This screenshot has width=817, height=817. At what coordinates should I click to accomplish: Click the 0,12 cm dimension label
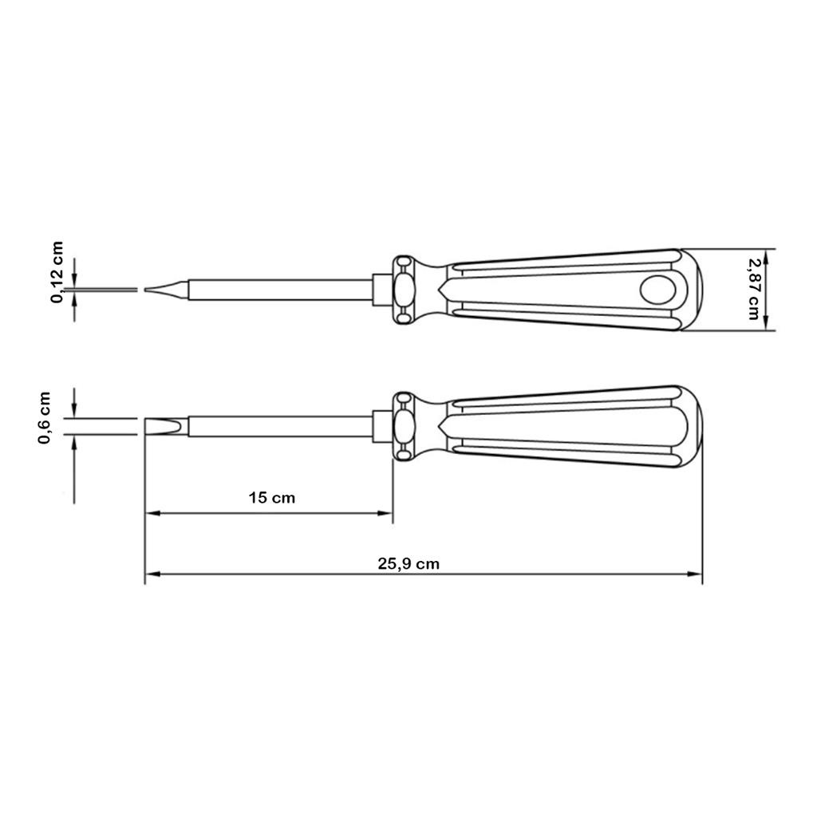[x=57, y=272]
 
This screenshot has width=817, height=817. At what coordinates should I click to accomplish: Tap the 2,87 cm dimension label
[x=753, y=290]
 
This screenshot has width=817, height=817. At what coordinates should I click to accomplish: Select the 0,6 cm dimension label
[x=45, y=418]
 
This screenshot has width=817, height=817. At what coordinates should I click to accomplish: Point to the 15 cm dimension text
[x=271, y=498]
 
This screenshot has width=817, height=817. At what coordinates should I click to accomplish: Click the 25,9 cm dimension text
[x=408, y=564]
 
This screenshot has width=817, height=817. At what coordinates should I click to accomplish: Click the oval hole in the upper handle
[x=657, y=290]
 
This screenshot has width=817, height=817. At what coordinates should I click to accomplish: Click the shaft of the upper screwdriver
[x=280, y=290]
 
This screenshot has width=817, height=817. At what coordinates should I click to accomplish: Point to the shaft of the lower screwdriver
[x=280, y=426]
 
